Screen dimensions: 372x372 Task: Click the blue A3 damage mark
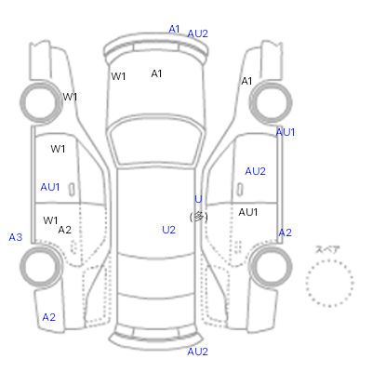tap(16, 237)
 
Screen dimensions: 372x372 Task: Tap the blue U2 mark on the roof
tap(168, 230)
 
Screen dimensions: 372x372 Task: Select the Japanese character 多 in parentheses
tap(198, 217)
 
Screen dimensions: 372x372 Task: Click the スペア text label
tap(327, 249)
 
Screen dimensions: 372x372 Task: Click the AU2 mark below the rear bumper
tap(197, 352)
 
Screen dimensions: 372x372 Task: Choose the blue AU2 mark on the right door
tap(255, 171)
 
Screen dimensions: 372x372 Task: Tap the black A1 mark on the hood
tap(156, 73)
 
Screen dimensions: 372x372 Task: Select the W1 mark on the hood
tap(118, 76)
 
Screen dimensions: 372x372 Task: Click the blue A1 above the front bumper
tap(174, 29)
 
